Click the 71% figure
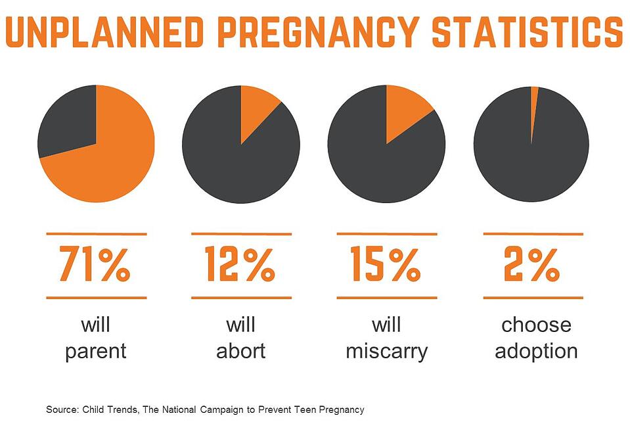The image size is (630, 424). (95, 264)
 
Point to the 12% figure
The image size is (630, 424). (240, 264)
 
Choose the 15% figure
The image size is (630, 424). (386, 264)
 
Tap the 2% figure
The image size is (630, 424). (532, 264)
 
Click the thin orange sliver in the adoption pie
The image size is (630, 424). (534, 99)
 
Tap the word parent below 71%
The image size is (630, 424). (95, 350)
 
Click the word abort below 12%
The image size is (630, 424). (240, 350)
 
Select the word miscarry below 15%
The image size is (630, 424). (386, 350)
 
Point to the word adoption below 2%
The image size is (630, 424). (536, 350)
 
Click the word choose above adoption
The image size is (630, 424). (536, 325)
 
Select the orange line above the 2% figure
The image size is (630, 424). (533, 233)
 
